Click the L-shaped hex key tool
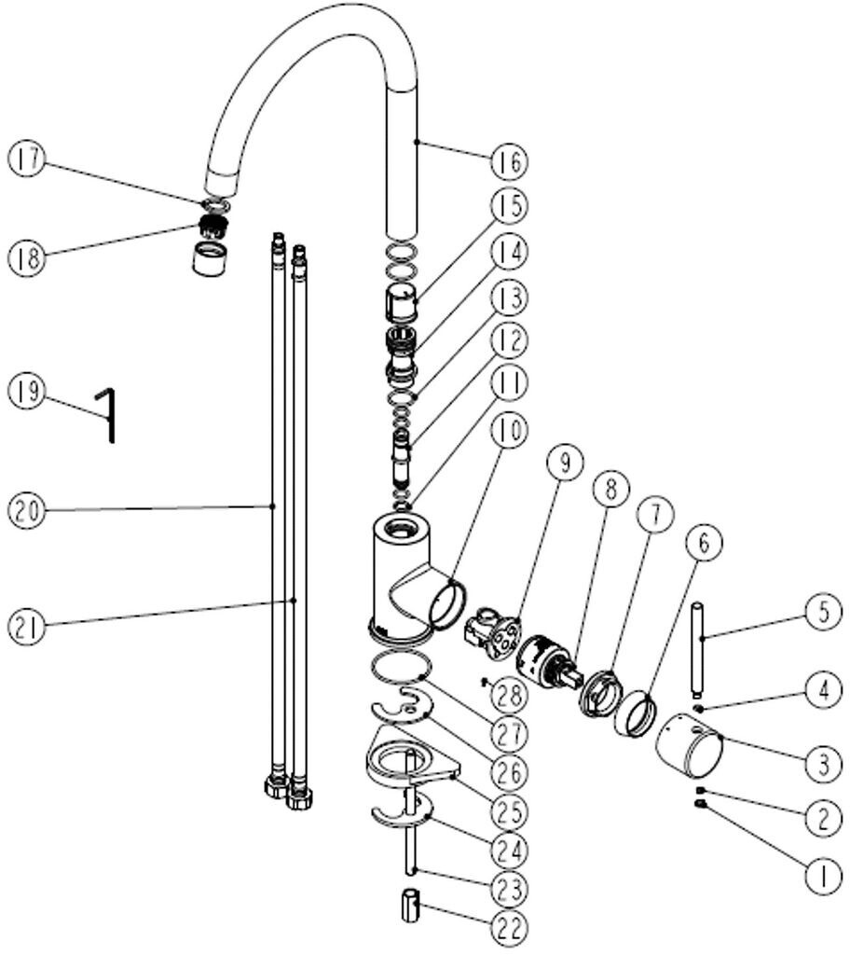point(109,414)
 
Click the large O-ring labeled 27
point(398,669)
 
